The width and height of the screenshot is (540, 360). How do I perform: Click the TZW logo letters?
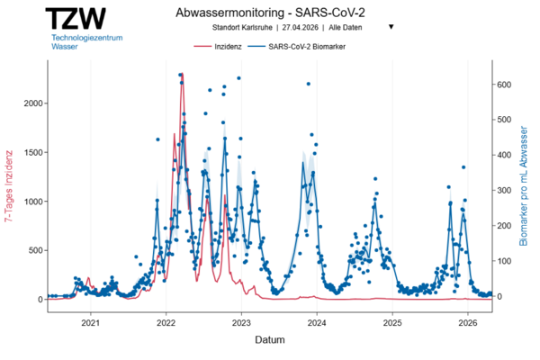[x=77, y=19]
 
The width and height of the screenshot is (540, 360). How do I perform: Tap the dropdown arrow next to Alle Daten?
[x=391, y=27]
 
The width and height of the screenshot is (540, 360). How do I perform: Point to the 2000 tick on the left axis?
[x=31, y=103]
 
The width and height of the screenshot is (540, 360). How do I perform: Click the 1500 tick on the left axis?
[x=31, y=152]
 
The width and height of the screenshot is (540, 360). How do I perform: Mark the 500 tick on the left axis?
[x=34, y=250]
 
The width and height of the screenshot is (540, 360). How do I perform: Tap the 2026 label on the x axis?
[x=468, y=322]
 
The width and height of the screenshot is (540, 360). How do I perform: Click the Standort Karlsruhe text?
[x=245, y=27]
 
